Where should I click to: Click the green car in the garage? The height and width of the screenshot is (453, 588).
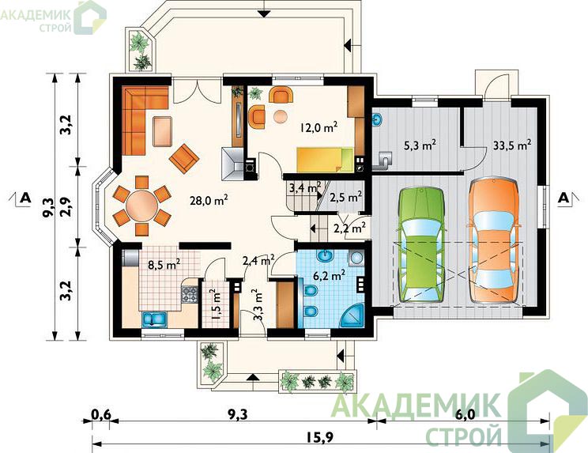point(421,244)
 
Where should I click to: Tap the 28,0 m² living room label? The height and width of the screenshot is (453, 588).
point(209,201)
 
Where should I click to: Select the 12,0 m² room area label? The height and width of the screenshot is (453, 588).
point(318,127)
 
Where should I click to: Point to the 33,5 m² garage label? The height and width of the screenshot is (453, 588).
point(512,145)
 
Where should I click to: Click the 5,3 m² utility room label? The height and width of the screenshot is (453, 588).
point(419,145)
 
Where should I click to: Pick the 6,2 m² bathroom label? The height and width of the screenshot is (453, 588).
point(329,276)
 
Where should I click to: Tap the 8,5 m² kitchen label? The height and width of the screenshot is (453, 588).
point(164,265)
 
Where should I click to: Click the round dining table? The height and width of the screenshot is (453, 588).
point(141,206)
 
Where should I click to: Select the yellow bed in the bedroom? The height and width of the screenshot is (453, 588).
point(325,160)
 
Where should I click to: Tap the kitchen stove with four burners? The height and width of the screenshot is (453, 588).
point(190,294)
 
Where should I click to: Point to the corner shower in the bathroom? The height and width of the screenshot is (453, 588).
point(353,315)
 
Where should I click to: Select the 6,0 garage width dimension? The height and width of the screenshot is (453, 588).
point(465,415)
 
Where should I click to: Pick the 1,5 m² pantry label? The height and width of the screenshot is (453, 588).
point(216,304)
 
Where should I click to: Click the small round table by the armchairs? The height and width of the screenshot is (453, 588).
point(280,117)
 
